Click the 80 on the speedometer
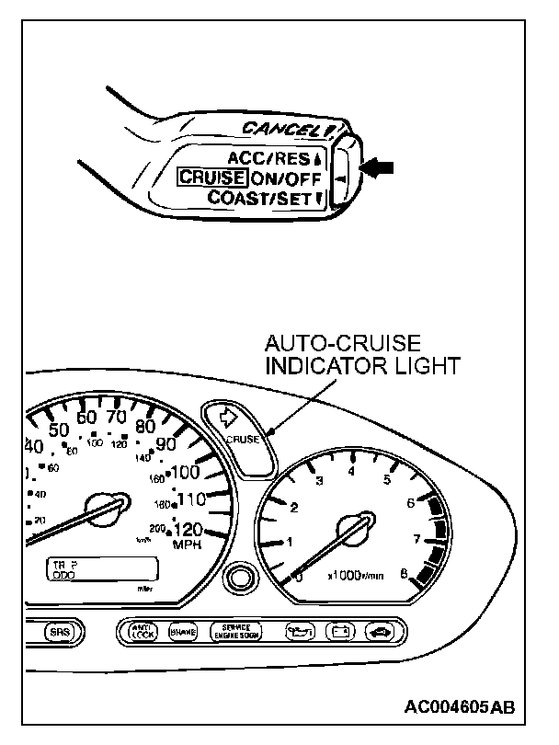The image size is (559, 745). tap(143, 426)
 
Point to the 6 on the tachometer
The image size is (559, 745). tap(410, 502)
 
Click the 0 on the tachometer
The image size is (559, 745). tap(297, 577)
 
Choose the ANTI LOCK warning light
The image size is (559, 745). tap(143, 632)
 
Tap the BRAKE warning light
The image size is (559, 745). tap(182, 632)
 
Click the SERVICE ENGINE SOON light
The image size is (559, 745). tap(235, 632)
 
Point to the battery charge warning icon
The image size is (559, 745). tap(339, 632)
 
